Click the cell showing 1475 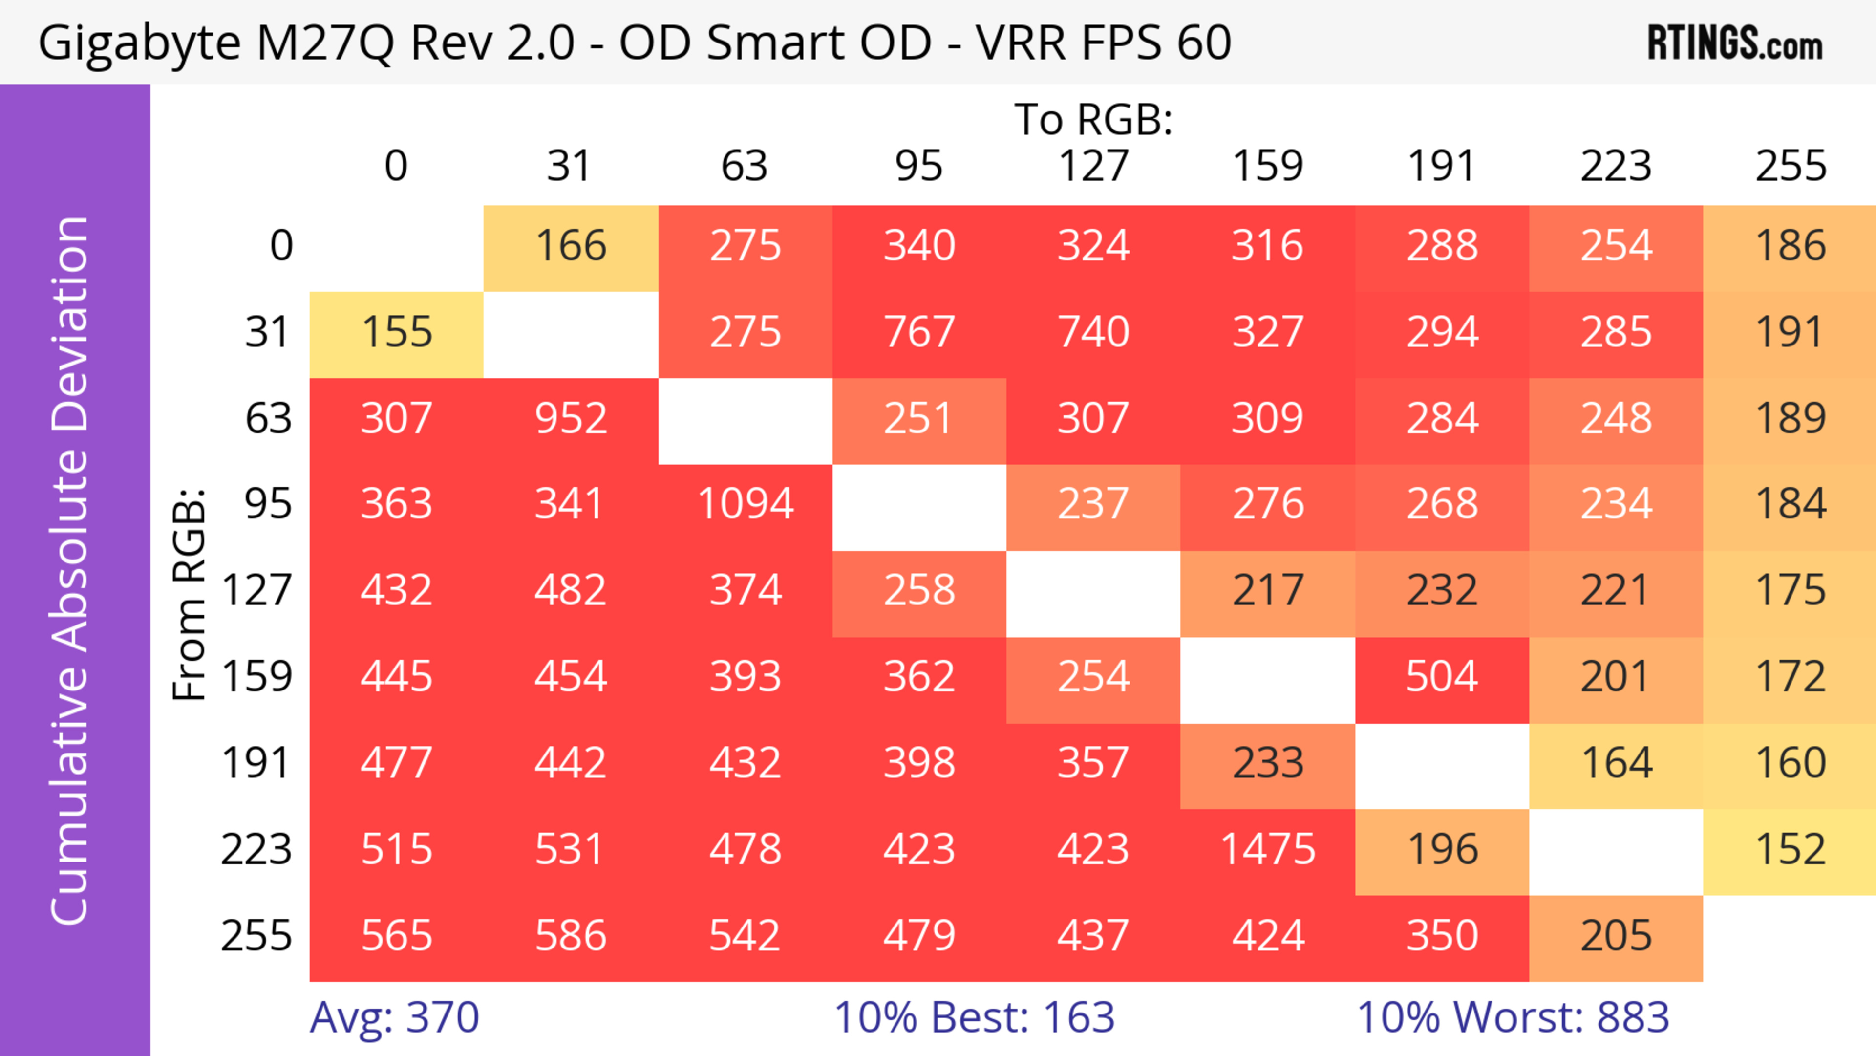coord(1267,849)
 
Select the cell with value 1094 coord(745,504)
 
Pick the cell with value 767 coord(919,333)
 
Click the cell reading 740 coord(1093,333)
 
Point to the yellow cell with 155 coord(397,333)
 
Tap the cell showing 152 coord(1790,849)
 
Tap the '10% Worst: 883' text coord(1513,1017)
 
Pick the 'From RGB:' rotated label coord(190,594)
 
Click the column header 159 coord(1267,166)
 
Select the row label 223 coord(256,849)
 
